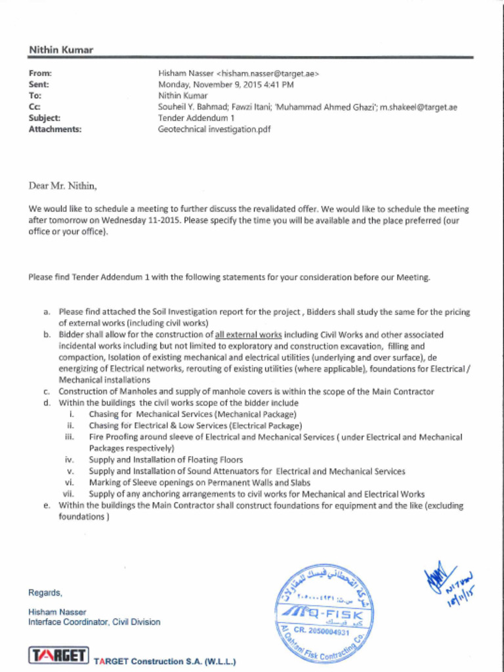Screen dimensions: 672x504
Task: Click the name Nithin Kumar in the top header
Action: tap(60, 50)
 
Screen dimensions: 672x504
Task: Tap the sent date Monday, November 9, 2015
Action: tap(209, 85)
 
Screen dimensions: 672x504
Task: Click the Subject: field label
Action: tap(45, 118)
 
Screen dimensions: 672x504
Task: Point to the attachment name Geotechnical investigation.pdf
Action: tap(214, 129)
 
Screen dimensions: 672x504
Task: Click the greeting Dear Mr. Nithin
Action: tap(62, 186)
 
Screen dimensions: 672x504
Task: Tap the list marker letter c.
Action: tap(47, 392)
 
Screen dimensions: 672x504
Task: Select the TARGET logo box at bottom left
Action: tap(58, 656)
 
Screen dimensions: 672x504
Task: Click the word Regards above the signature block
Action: tap(45, 593)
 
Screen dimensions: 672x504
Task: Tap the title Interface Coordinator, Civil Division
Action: tap(94, 622)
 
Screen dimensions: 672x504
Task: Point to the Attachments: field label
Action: tap(54, 129)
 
